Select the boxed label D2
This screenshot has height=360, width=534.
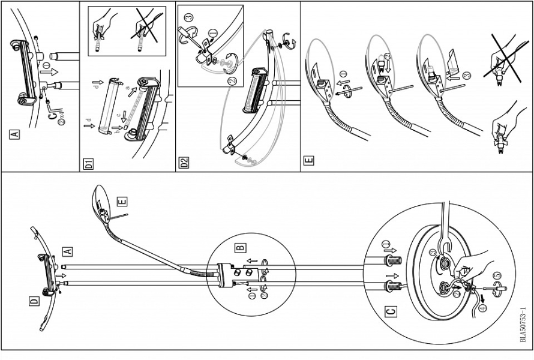click(184, 163)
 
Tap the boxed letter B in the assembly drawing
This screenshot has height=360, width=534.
click(240, 247)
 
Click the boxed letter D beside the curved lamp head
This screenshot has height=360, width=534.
click(34, 299)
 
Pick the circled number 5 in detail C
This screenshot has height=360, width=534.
click(496, 276)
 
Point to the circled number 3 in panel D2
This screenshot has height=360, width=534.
click(187, 17)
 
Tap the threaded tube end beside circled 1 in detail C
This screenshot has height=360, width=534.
click(392, 260)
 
